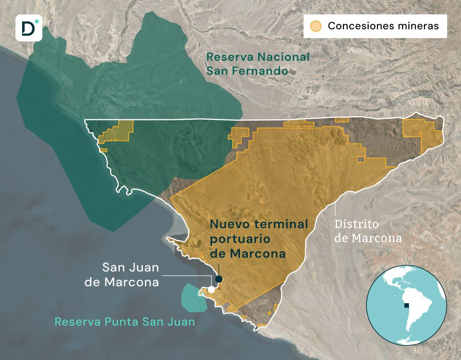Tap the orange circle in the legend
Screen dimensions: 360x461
point(316,26)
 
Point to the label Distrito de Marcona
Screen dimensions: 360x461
point(368,231)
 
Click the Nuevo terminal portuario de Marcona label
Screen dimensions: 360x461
point(259,238)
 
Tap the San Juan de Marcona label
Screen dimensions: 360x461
point(131,275)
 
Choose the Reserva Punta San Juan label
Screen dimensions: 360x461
point(125,322)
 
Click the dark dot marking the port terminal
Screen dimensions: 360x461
point(219,279)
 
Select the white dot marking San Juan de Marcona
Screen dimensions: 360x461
point(211,289)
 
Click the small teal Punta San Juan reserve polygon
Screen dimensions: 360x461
point(193,297)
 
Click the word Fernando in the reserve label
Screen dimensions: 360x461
point(264,71)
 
